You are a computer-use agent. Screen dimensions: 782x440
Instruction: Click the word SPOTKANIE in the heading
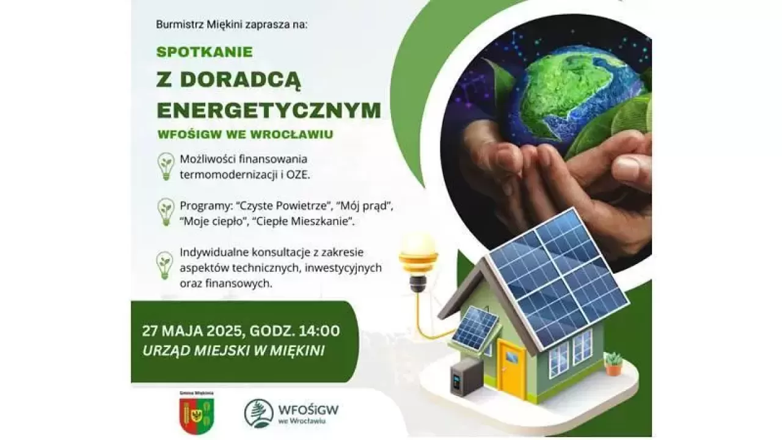pos(205,52)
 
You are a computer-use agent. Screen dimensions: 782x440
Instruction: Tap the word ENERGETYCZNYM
pos(269,110)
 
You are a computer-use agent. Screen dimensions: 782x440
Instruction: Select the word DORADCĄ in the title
pos(240,81)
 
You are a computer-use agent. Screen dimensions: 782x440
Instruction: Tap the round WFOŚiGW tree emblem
pos(258,414)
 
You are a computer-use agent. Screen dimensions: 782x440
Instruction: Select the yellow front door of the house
pos(512,370)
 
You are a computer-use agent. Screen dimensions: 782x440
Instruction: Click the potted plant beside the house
pos(613,364)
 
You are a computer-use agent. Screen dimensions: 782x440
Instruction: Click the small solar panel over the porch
pos(475,328)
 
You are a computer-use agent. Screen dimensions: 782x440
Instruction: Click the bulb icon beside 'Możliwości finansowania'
pos(166,167)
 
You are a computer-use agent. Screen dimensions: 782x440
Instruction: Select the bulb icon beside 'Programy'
pos(166,212)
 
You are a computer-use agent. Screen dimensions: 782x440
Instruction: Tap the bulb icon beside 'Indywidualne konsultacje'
pos(165,265)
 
